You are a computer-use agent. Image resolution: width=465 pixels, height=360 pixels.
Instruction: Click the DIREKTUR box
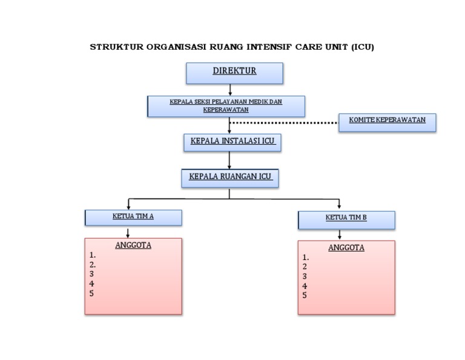(x=234, y=73)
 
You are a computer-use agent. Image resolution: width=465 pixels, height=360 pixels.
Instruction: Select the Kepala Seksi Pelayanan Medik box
(x=226, y=106)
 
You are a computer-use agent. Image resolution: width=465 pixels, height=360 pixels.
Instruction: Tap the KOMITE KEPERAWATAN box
(x=387, y=122)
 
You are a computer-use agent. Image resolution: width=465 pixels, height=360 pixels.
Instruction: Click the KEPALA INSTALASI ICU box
(x=232, y=142)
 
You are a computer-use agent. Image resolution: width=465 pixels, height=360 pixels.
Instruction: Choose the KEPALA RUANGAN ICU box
(x=229, y=178)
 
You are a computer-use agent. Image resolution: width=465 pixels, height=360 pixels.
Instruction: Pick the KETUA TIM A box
(x=133, y=217)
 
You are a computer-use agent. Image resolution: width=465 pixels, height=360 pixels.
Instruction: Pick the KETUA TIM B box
(x=346, y=219)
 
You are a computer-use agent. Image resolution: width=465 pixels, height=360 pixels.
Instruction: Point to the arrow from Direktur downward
(x=230, y=90)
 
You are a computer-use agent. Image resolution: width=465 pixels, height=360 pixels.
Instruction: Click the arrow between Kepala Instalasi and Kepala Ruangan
(x=229, y=160)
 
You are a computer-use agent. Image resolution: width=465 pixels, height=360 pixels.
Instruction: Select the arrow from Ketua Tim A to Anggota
(x=128, y=232)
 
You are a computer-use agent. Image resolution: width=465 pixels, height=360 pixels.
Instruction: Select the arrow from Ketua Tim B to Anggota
(x=339, y=235)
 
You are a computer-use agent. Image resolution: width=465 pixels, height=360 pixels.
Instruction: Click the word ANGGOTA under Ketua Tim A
(x=133, y=245)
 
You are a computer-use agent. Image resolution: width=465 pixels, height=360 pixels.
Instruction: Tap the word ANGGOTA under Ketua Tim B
(x=346, y=248)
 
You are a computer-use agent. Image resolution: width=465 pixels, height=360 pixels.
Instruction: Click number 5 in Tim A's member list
(x=92, y=293)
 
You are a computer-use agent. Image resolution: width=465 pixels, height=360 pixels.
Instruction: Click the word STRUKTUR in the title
(x=117, y=47)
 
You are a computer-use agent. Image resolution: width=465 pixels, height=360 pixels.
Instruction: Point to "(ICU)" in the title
(x=363, y=47)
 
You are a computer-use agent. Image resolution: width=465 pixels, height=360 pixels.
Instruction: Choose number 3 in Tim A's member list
(x=92, y=274)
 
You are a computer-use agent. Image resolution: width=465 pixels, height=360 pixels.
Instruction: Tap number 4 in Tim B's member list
(x=305, y=286)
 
